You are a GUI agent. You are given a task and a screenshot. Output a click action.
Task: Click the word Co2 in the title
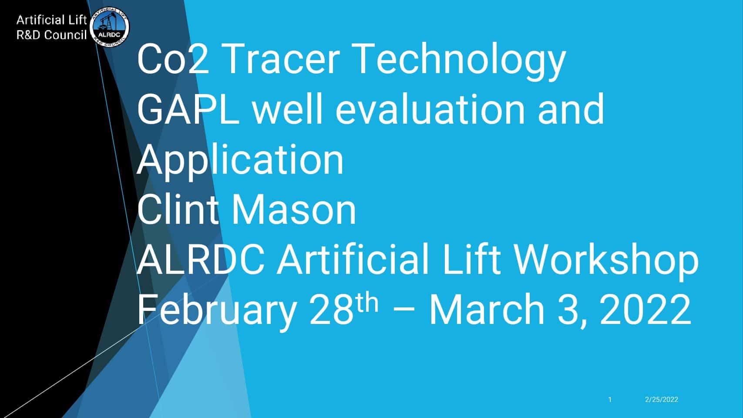click(x=173, y=59)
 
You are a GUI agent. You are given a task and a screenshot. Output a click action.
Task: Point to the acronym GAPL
click(x=188, y=109)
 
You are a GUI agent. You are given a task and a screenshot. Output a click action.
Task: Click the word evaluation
click(x=430, y=109)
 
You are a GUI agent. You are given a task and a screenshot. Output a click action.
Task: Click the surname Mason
click(x=293, y=210)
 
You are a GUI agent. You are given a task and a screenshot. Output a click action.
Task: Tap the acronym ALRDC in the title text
click(x=201, y=260)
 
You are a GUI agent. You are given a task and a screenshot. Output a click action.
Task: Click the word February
click(x=217, y=312)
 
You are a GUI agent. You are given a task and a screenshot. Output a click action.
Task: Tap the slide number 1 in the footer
click(x=610, y=399)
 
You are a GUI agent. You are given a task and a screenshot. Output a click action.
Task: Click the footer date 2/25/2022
click(x=662, y=399)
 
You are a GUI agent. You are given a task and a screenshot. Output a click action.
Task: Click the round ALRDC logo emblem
click(x=109, y=27)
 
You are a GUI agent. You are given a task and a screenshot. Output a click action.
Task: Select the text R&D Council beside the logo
click(x=51, y=35)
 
